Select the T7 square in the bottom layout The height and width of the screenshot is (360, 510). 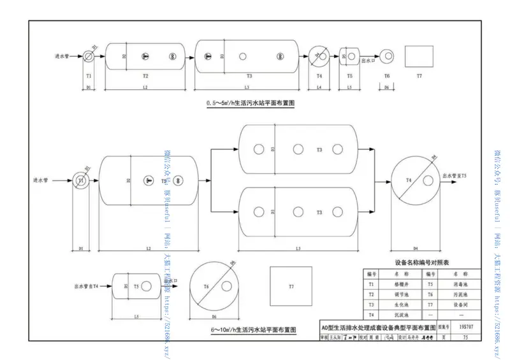(x=291, y=286)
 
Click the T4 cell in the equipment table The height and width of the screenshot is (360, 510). (x=370, y=315)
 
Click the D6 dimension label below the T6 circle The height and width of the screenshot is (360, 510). (x=214, y=316)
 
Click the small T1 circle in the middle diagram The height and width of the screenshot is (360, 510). (x=81, y=181)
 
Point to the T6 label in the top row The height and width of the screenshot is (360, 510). (x=386, y=76)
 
